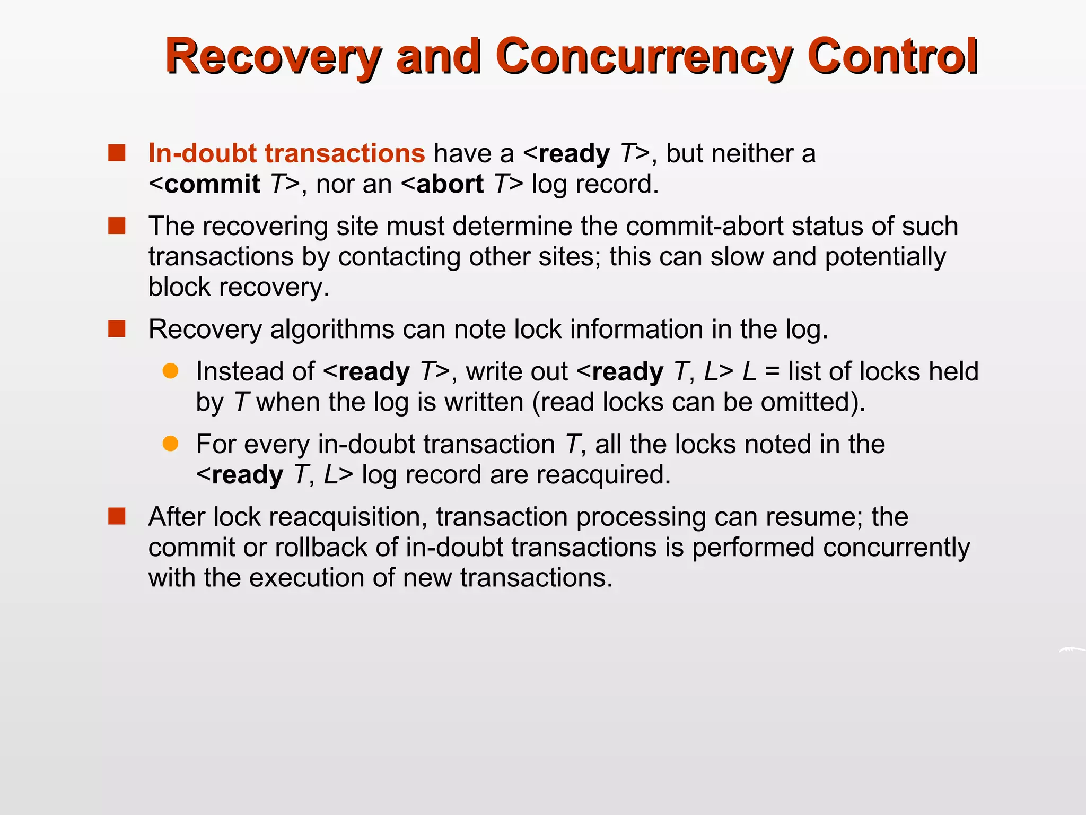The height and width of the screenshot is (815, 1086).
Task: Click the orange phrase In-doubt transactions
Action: (286, 153)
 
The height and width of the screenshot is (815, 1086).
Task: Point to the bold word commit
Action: (212, 184)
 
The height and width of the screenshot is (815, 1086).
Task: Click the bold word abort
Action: (450, 184)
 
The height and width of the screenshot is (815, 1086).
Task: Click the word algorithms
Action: (332, 329)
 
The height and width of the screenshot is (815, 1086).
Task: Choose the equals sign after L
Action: (773, 371)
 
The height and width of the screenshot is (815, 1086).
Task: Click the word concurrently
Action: (896, 547)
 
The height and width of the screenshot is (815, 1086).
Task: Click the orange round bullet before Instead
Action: (170, 371)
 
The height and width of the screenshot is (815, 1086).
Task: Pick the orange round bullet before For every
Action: (170, 444)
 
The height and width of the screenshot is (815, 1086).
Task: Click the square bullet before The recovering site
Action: (117, 226)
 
